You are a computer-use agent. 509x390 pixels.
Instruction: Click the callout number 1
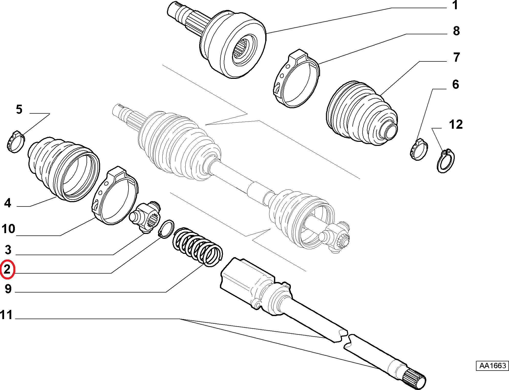(455, 5)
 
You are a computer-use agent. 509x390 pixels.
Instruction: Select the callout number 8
(456, 31)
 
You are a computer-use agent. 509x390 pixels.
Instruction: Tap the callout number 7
(456, 57)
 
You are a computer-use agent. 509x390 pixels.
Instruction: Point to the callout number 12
(456, 125)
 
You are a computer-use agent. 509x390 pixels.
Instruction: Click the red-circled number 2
(7, 269)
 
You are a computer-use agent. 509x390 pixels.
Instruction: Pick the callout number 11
(6, 315)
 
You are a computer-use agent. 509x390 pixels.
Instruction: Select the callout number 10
(8, 229)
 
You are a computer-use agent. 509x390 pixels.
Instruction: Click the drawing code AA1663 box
(492, 366)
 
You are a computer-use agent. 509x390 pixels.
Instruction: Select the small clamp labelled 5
(16, 142)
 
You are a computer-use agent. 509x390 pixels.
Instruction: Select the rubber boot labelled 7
(362, 113)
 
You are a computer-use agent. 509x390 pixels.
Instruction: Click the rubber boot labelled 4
(63, 169)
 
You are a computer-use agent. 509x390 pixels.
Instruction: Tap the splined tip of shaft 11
(414, 380)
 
